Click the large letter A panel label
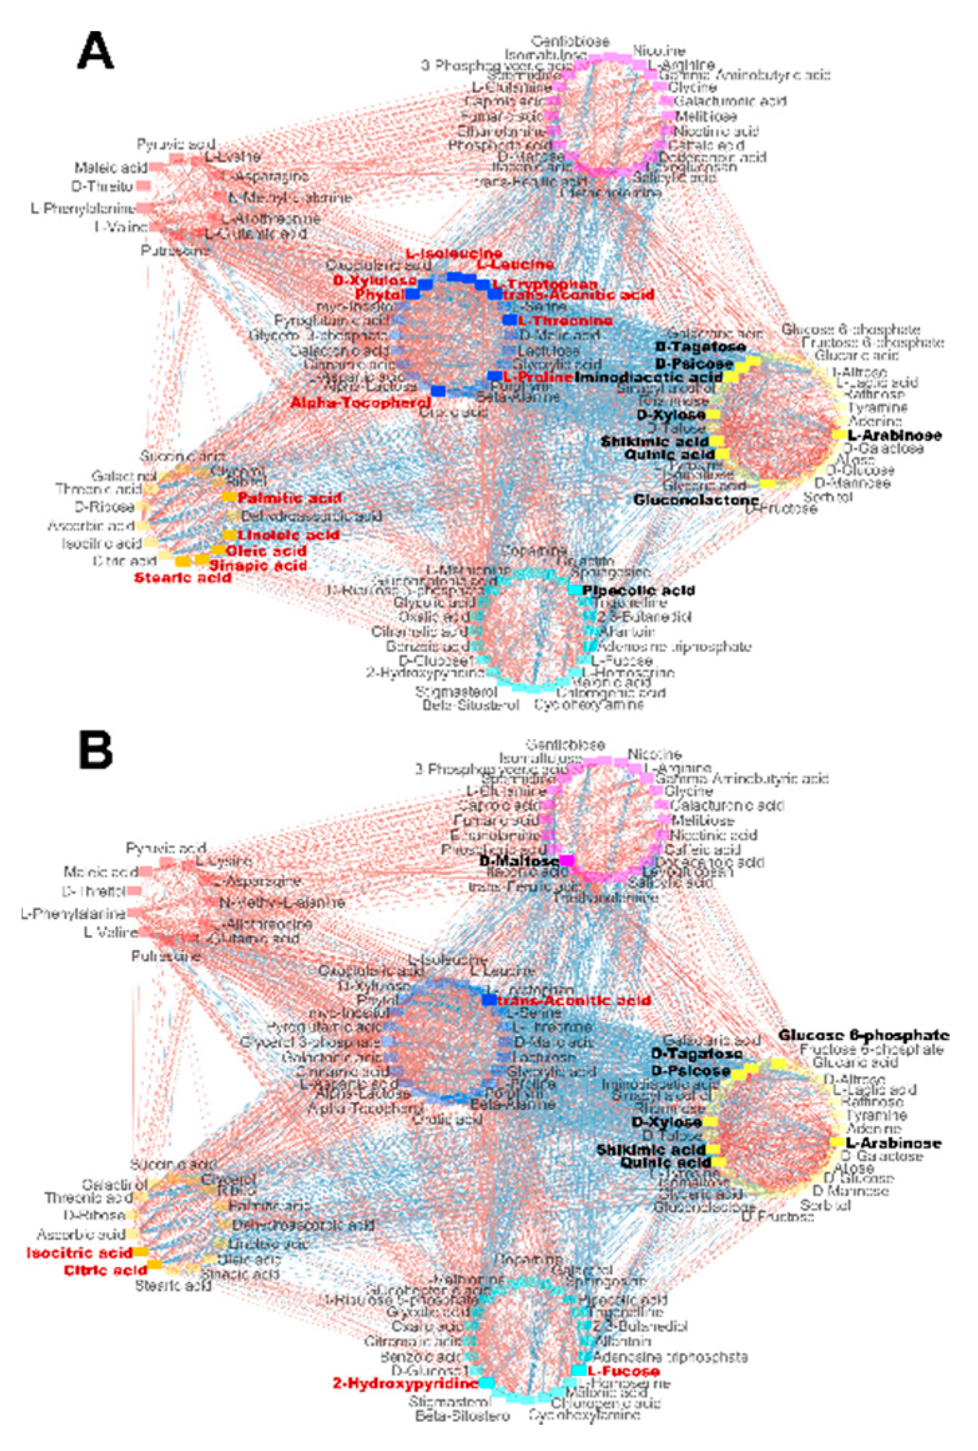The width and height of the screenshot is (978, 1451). click(x=95, y=51)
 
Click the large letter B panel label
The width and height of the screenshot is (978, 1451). click(x=95, y=749)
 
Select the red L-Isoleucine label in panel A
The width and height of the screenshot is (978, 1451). click(x=454, y=254)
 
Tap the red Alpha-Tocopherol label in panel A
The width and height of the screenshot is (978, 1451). click(x=360, y=403)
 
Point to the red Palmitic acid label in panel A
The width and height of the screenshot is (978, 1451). click(x=289, y=498)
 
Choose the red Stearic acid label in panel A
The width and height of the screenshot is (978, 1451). click(x=183, y=577)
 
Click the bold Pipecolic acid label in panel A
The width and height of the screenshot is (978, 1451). click(x=638, y=591)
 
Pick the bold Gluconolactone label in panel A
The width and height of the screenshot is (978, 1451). click(x=696, y=500)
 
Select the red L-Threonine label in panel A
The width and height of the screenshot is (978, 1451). click(x=565, y=321)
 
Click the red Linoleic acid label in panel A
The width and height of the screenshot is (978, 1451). click(x=289, y=535)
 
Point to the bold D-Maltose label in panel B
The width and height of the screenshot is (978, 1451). click(x=519, y=861)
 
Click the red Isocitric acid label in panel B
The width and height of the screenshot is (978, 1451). click(x=79, y=1253)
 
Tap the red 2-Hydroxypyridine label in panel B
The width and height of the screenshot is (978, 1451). click(x=405, y=1384)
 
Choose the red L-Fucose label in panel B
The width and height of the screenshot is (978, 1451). click(x=624, y=1371)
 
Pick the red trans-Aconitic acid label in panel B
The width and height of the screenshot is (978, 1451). click(x=575, y=1000)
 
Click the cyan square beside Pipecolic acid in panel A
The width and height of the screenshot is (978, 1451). click(x=575, y=590)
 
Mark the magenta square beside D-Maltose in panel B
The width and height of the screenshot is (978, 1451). click(x=567, y=861)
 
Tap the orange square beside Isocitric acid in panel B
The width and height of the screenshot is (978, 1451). click(x=140, y=1252)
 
